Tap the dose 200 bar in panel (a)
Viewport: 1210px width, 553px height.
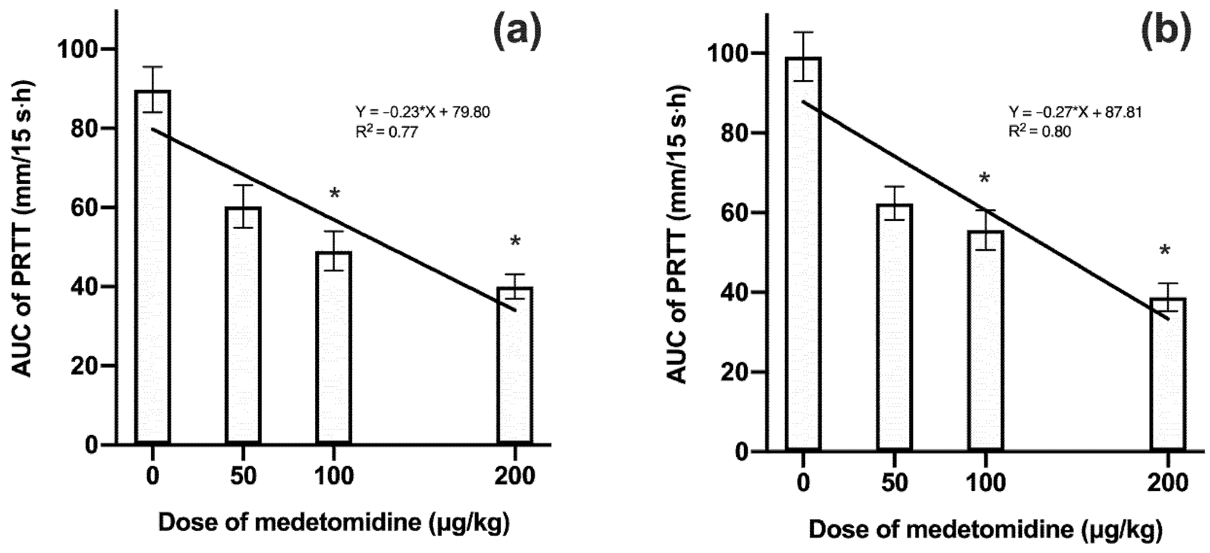tap(515, 366)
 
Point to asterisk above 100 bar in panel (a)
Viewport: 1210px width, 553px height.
tap(334, 194)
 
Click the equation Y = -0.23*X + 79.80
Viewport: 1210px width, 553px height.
tap(422, 113)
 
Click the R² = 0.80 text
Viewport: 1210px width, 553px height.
tap(1040, 132)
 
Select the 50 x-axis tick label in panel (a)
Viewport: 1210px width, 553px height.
tap(243, 476)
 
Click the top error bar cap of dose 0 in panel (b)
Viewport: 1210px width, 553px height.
tap(803, 32)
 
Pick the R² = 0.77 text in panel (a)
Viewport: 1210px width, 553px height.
tap(386, 133)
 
